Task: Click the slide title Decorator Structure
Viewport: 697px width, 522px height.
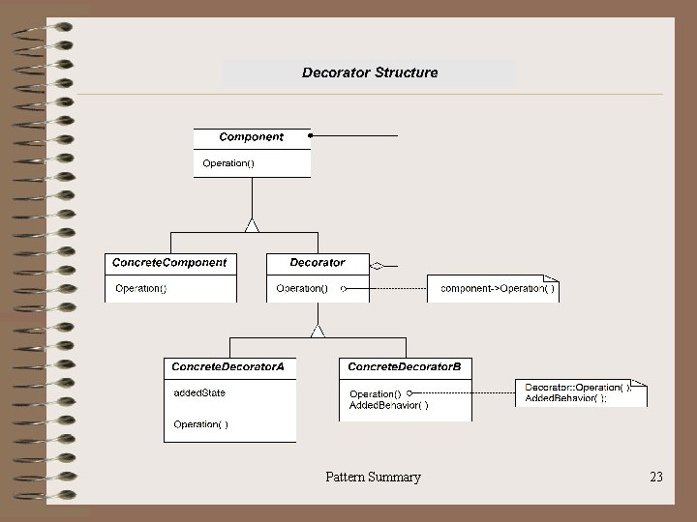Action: (x=370, y=72)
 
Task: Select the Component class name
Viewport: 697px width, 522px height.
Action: (x=252, y=137)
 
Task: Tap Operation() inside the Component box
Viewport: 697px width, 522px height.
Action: (x=228, y=163)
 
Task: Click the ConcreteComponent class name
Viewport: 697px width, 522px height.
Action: (x=169, y=262)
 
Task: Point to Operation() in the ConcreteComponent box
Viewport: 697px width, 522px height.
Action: (x=141, y=288)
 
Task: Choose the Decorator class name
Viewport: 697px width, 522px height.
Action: (x=318, y=262)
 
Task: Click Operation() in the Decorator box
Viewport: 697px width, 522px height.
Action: (x=302, y=288)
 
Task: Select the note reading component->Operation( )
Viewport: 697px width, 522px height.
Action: (x=498, y=288)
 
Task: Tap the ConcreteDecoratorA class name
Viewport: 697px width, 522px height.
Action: (x=228, y=366)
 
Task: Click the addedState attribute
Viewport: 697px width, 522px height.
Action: (x=199, y=392)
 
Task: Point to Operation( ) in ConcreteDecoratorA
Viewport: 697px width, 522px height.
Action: (x=201, y=424)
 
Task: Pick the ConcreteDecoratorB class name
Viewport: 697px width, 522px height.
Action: (x=404, y=366)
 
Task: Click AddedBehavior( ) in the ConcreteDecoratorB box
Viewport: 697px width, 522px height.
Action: (x=389, y=405)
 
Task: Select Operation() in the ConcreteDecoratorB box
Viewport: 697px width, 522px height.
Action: (x=375, y=393)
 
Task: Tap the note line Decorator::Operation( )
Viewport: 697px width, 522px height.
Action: (x=577, y=388)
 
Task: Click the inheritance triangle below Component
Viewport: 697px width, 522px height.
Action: (x=252, y=225)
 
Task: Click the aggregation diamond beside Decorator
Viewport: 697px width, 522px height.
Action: (x=378, y=265)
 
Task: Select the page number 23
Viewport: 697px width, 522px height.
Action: (x=656, y=477)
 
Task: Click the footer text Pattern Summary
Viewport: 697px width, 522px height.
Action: (x=373, y=477)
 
